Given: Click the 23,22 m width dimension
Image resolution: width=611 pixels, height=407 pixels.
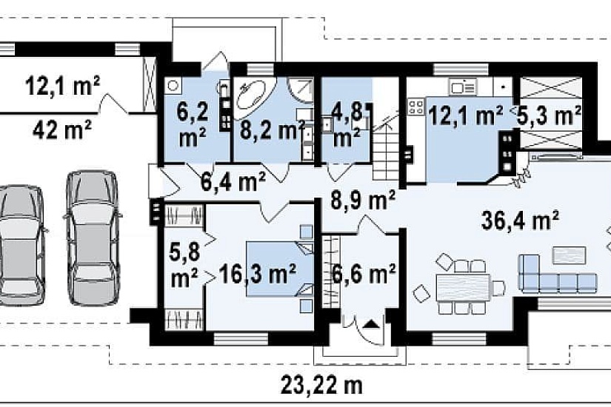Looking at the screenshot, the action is pyautogui.click(x=321, y=385).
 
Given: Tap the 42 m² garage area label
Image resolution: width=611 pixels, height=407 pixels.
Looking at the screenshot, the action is pyautogui.click(x=62, y=129).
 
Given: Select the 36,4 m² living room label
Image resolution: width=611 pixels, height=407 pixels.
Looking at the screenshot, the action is pyautogui.click(x=521, y=221).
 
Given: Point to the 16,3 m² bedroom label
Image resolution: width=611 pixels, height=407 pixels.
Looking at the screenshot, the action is pyautogui.click(x=258, y=274).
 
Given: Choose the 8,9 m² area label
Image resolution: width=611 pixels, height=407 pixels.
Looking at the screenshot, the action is pyautogui.click(x=363, y=201).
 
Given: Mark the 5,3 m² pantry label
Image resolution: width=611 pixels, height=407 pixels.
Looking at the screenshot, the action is pyautogui.click(x=549, y=115).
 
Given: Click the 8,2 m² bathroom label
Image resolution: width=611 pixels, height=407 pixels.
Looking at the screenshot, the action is pyautogui.click(x=273, y=130).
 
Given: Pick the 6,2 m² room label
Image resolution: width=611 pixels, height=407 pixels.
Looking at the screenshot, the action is pyautogui.click(x=193, y=125).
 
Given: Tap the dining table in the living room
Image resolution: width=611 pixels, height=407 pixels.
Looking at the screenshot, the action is pyautogui.click(x=464, y=287).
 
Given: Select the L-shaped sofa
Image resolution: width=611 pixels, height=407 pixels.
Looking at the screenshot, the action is pyautogui.click(x=557, y=275).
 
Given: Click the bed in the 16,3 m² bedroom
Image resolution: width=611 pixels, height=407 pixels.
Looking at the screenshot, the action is pyautogui.click(x=279, y=269).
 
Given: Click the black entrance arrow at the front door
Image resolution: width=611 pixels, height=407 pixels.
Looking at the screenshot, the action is pyautogui.click(x=371, y=323).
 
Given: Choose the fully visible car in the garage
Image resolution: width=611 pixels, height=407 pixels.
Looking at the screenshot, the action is pyautogui.click(x=93, y=238).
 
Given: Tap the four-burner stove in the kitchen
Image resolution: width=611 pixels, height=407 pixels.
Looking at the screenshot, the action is pyautogui.click(x=416, y=107).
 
